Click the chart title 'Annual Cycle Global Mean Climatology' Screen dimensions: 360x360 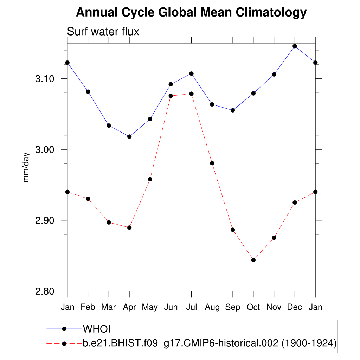pyautogui.click(x=191, y=13)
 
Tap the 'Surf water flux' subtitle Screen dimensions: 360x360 pyautogui.click(x=103, y=32)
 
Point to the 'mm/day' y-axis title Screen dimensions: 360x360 pyautogui.click(x=26, y=167)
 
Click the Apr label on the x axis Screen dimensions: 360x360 pyautogui.click(x=129, y=307)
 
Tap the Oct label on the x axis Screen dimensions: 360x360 pyautogui.click(x=253, y=307)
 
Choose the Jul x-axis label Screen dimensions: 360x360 pyautogui.click(x=191, y=307)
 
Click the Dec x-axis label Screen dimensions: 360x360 pyautogui.click(x=295, y=307)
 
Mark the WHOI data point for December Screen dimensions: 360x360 pyautogui.click(x=295, y=46)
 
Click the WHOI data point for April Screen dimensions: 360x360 pyautogui.click(x=129, y=136)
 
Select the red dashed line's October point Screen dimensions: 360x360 pyautogui.click(x=253, y=260)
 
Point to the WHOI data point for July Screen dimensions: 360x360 pyautogui.click(x=191, y=73)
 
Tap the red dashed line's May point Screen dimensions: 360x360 pyautogui.click(x=150, y=179)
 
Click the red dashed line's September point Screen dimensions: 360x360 pyautogui.click(x=232, y=230)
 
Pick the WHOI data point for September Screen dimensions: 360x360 pyautogui.click(x=232, y=110)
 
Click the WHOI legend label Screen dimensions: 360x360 pyautogui.click(x=97, y=329)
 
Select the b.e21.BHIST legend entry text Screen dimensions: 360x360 pyautogui.click(x=210, y=343)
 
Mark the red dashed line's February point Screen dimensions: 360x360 pyautogui.click(x=88, y=199)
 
